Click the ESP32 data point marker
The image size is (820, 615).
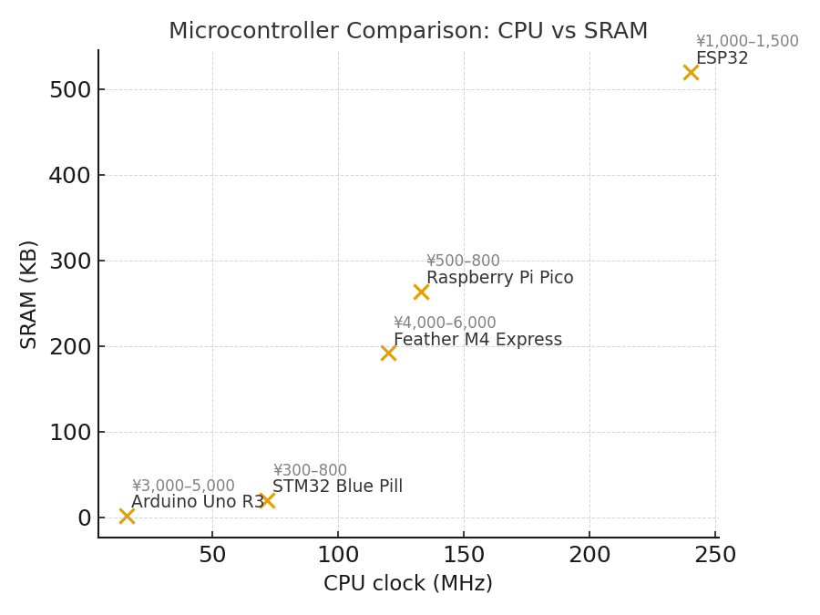tap(691, 72)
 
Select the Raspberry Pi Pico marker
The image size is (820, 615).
tap(421, 292)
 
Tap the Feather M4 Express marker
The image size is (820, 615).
tap(388, 353)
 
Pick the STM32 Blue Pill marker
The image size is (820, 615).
tap(267, 500)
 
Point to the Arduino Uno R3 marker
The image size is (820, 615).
tap(127, 516)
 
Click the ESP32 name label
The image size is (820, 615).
tap(722, 58)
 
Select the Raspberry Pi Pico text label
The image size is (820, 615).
tap(499, 278)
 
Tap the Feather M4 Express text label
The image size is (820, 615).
tap(477, 340)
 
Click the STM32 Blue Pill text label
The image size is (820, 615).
tap(337, 487)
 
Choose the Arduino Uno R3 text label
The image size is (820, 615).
tap(197, 502)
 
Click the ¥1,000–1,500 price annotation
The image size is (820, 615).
tap(746, 42)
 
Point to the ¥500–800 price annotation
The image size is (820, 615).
tap(463, 261)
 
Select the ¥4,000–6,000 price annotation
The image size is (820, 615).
tap(445, 323)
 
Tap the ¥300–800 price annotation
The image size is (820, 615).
tap(310, 471)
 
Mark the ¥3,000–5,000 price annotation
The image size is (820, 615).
tap(182, 487)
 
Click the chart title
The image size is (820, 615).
tap(408, 31)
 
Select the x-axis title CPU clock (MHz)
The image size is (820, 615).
tap(408, 584)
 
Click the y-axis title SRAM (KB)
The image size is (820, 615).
tap(29, 293)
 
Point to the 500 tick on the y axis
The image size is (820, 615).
tap(70, 89)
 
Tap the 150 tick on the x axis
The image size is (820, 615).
tap(464, 555)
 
